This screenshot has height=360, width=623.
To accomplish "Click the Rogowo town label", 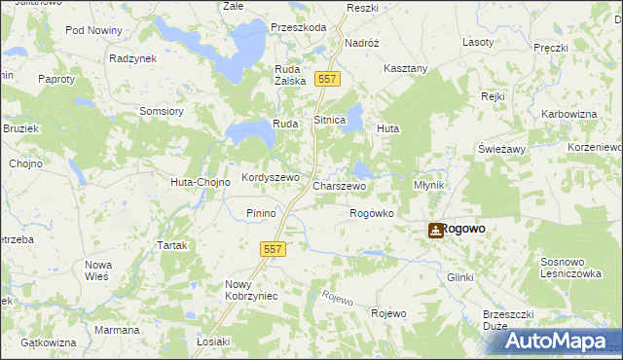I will [463, 230].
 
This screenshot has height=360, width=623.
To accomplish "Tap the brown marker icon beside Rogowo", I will [435, 231].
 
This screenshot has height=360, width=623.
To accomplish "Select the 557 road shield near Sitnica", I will [328, 79].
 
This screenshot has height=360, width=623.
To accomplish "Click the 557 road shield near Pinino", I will [274, 250].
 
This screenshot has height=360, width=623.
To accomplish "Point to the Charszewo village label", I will [339, 185].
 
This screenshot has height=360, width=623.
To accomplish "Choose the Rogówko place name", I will [371, 213].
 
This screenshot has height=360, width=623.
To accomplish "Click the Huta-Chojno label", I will [200, 182].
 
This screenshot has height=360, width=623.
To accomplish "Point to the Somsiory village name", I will [162, 111].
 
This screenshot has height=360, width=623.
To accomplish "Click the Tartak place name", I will [171, 246].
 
